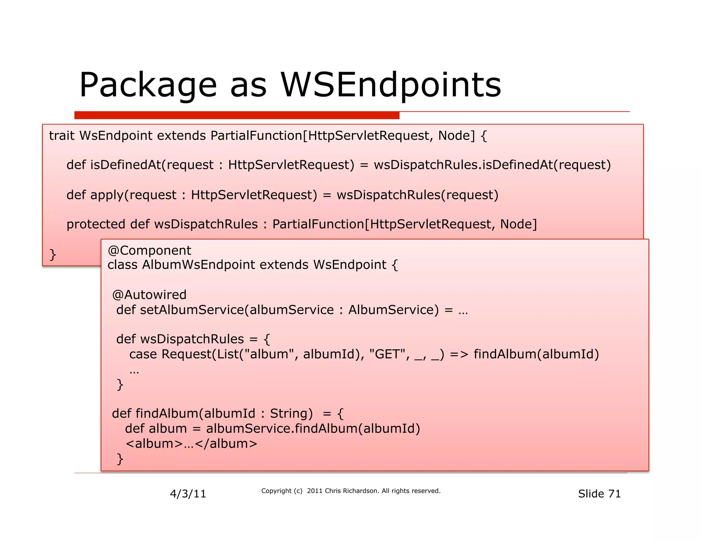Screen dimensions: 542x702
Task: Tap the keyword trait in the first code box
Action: coord(61,136)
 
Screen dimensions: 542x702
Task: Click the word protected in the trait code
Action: coord(96,224)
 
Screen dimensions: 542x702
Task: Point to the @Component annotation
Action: coord(149,250)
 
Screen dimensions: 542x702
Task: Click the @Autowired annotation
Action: coord(149,295)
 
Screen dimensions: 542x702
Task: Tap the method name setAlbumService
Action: coord(192,310)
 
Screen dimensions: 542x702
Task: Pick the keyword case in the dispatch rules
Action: coord(143,354)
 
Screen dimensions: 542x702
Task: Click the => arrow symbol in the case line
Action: coord(459,354)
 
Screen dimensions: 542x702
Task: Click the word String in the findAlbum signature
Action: coord(291,414)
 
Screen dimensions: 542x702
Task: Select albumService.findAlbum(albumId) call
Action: coord(313,429)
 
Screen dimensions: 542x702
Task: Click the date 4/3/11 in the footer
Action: coord(188,494)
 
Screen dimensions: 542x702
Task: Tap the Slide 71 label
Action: coord(599,494)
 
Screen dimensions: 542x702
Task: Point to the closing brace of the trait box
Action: coord(52,255)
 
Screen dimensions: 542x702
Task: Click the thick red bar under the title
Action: coord(237,115)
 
